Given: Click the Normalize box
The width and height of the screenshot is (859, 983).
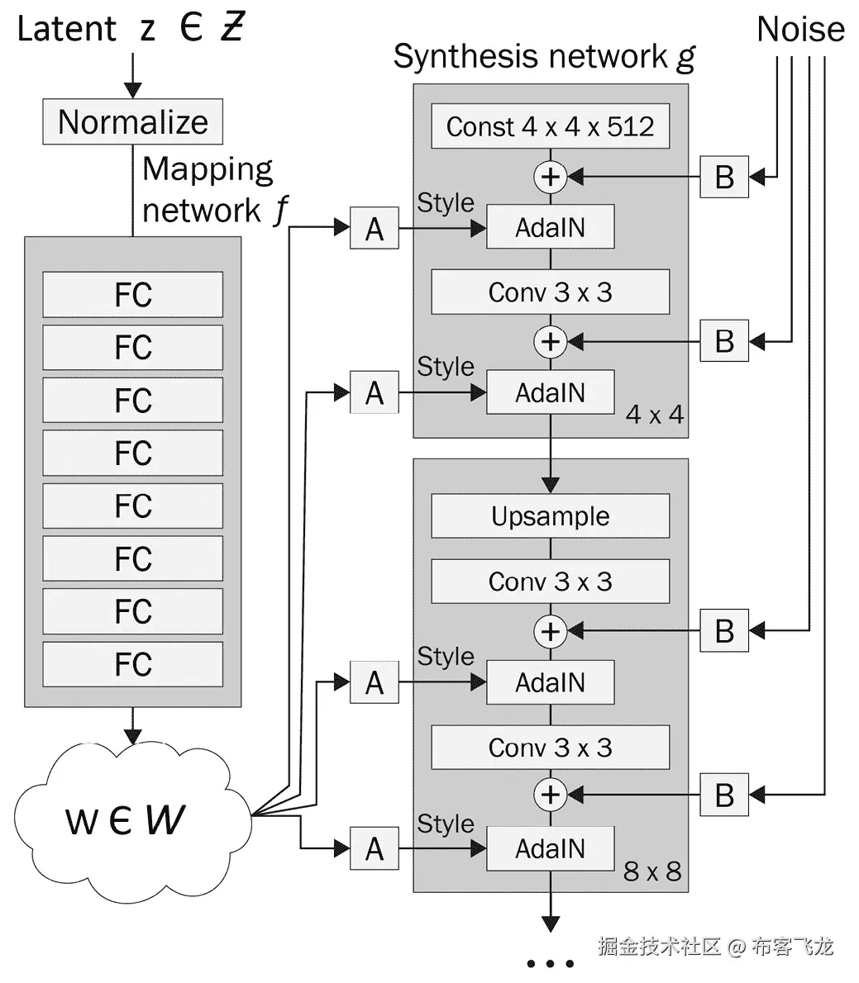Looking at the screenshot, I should [132, 122].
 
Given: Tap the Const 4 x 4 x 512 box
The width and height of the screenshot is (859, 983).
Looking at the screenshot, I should [550, 126].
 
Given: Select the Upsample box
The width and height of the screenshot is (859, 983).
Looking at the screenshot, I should [550, 516].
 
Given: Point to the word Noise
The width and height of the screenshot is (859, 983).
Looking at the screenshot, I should [799, 30].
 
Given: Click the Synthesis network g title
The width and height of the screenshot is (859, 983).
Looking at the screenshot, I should [543, 56].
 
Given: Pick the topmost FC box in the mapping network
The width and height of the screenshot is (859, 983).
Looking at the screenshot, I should [132, 295].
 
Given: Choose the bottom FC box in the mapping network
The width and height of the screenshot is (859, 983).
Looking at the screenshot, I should [132, 664].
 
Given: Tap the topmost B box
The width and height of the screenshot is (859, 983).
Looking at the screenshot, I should [724, 176].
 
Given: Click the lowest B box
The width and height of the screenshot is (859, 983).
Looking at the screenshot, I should [724, 795].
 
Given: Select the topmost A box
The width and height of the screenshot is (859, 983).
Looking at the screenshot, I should [375, 228].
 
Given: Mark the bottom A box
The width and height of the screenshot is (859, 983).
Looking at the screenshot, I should [375, 848].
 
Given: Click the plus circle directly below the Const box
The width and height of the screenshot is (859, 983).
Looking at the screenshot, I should [550, 176].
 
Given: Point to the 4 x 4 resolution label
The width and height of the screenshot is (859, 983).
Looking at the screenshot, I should [655, 414].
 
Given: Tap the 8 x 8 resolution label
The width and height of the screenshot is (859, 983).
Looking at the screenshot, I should [652, 871].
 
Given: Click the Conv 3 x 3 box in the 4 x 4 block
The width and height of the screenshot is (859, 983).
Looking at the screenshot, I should [550, 292].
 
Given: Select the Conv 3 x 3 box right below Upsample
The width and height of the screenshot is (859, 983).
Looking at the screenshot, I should [550, 582].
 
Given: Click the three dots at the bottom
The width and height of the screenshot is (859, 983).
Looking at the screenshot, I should [550, 963].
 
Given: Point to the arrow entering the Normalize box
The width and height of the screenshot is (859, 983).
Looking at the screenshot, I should [132, 78].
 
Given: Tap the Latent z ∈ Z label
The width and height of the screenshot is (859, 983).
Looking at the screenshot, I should [131, 29].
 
